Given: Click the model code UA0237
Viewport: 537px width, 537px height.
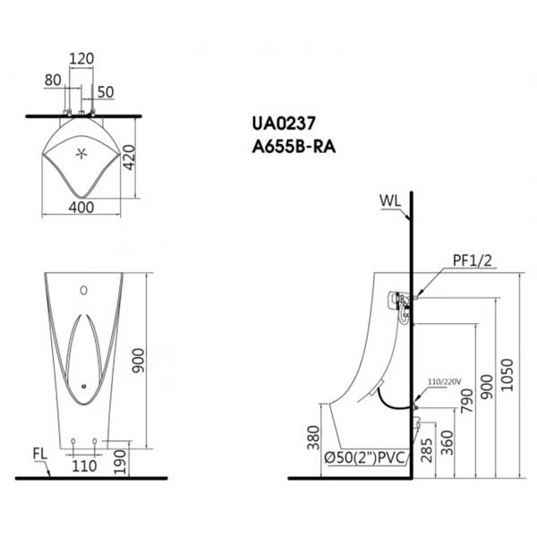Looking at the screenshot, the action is click(x=283, y=124).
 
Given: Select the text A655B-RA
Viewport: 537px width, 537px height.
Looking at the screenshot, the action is click(x=294, y=148).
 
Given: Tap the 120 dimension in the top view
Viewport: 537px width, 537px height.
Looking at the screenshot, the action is click(x=81, y=59).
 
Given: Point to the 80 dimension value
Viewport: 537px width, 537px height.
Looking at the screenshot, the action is click(x=53, y=81).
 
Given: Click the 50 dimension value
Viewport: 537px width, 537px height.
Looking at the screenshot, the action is click(x=106, y=92).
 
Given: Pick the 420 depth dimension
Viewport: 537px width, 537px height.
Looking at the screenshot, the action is click(x=130, y=158).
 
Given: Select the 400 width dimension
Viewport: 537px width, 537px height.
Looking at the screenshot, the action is click(x=81, y=208).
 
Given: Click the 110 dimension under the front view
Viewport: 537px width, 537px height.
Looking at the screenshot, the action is click(x=84, y=466).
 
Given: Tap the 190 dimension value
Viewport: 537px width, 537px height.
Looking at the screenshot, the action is click(x=120, y=463).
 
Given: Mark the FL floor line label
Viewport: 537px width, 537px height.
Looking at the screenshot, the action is click(x=39, y=454).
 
